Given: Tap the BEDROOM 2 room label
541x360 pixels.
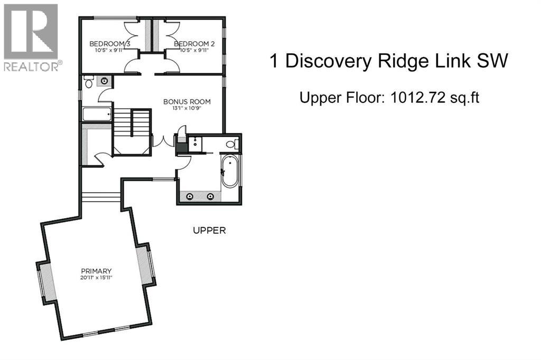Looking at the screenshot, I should pyautogui.click(x=193, y=43).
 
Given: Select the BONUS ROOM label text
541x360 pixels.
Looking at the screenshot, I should pyautogui.click(x=186, y=101).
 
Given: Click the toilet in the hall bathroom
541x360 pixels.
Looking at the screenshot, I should pyautogui.click(x=88, y=82).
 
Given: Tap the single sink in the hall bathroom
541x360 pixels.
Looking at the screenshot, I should pyautogui.click(x=105, y=81).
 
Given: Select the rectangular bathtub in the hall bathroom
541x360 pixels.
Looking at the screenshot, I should pyautogui.click(x=97, y=115).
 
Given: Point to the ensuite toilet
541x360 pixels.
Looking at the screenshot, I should pyautogui.click(x=231, y=144).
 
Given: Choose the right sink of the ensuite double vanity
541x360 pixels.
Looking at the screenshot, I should pyautogui.click(x=211, y=196).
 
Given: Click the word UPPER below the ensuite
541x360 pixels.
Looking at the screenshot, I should pyautogui.click(x=209, y=231).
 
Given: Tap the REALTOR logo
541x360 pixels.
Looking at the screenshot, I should pyautogui.click(x=31, y=37).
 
